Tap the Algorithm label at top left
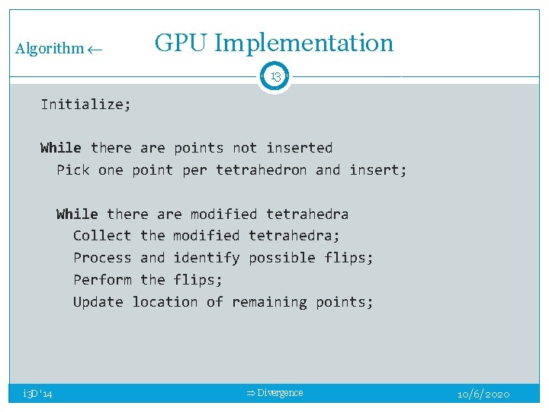[50, 49]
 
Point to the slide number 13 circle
[274, 76]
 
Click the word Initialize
[85, 105]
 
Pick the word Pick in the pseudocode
[73, 170]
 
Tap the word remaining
[265, 302]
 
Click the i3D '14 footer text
[37, 394]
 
